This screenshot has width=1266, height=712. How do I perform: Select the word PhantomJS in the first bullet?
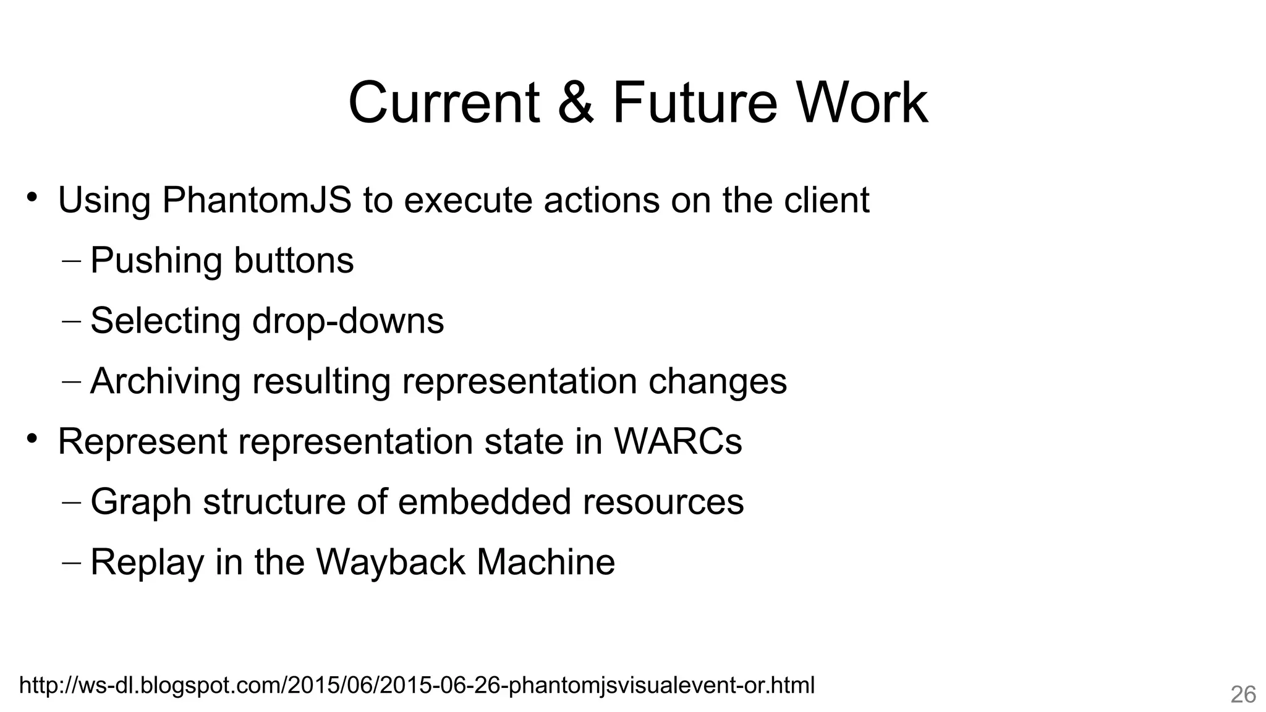tap(257, 200)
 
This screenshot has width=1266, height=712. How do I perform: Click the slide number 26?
tap(1243, 695)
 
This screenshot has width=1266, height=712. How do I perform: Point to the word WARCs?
tap(678, 441)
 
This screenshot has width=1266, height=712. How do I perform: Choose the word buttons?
tap(294, 260)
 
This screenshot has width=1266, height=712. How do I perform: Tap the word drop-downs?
tap(348, 321)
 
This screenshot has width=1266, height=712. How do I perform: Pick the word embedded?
tap(484, 501)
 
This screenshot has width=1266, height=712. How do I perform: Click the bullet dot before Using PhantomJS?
tap(32, 198)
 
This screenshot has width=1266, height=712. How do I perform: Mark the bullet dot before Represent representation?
tap(32, 439)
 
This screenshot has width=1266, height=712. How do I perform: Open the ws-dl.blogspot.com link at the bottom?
tap(417, 685)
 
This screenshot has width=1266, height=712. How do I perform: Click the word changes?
tap(718, 381)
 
